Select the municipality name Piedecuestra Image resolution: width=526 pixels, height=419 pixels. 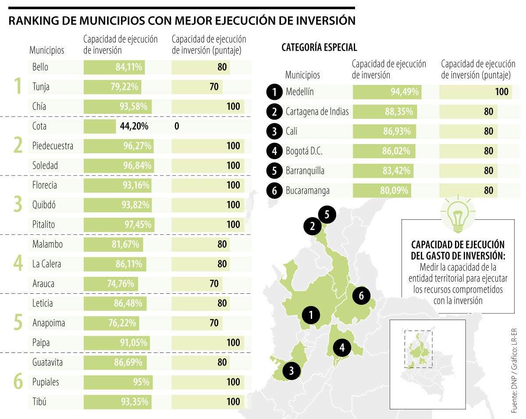[x=53, y=146]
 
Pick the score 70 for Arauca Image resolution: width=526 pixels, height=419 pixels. [x=214, y=284]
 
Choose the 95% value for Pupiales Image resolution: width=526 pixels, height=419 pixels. [x=142, y=382]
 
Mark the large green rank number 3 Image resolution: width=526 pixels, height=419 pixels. [x=18, y=204]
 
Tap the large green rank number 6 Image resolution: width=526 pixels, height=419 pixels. [x=18, y=382]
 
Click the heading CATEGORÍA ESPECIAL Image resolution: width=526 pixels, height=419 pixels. [x=319, y=47]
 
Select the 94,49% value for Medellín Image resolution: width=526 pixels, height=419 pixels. [x=405, y=92]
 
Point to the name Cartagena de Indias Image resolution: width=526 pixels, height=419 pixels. [x=317, y=112]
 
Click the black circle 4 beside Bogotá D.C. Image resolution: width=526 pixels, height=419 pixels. [x=274, y=151]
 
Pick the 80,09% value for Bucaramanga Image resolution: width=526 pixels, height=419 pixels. [x=394, y=191]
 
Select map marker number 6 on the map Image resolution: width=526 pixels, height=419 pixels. [x=361, y=296]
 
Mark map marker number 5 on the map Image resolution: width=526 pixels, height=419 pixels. [x=327, y=214]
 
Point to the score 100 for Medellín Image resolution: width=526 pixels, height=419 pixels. [x=502, y=92]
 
